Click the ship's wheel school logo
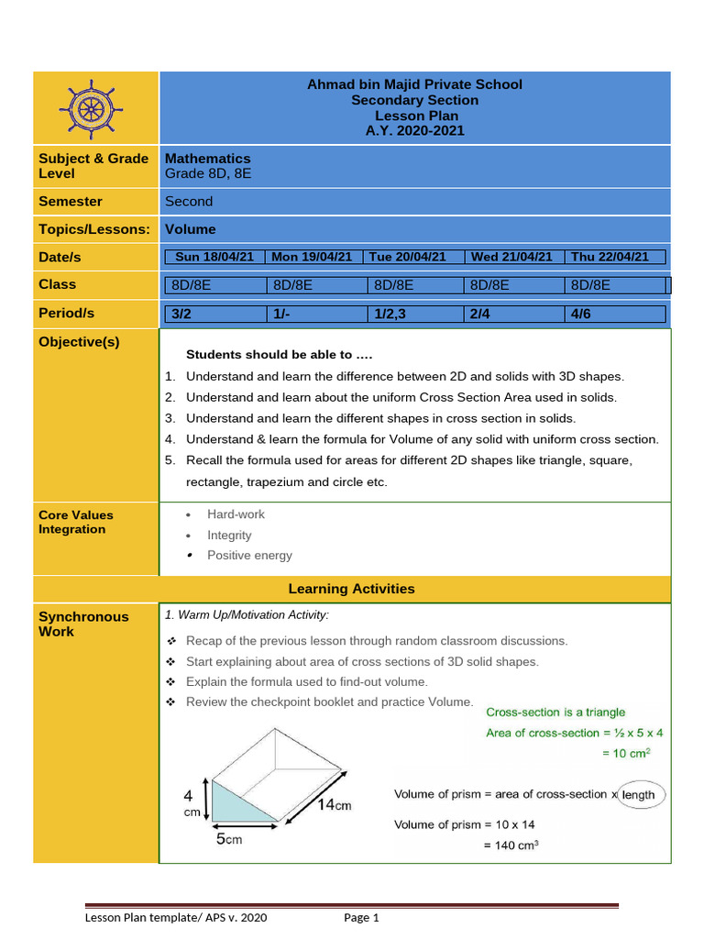[x=91, y=108]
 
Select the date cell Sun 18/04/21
[x=214, y=258]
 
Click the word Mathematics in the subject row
[x=207, y=159]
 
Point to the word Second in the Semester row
[x=189, y=202]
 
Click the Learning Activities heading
[x=351, y=589]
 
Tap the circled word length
[x=638, y=795]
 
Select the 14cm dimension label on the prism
[x=334, y=805]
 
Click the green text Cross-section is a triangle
[x=555, y=712]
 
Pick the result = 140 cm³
[x=511, y=845]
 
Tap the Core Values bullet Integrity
[x=229, y=536]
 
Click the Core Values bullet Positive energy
[x=249, y=556]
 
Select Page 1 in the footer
[x=361, y=918]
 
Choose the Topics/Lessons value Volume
[x=191, y=229]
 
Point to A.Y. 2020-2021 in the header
[x=414, y=131]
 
